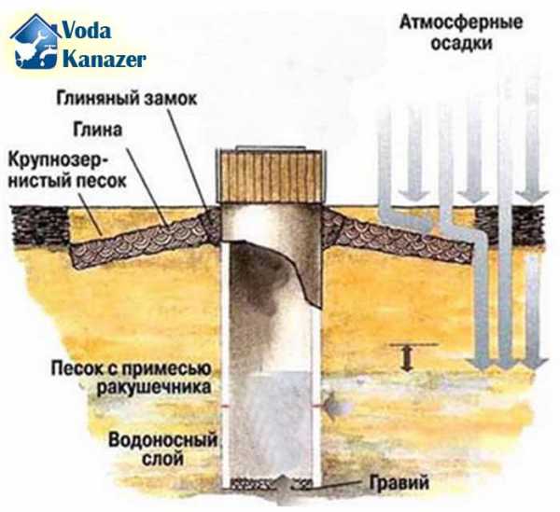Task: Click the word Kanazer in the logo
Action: point(105,58)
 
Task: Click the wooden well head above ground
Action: point(272,176)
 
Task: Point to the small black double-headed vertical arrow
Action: point(406,357)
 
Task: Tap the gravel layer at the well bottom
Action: point(272,483)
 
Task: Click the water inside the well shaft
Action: point(272,420)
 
